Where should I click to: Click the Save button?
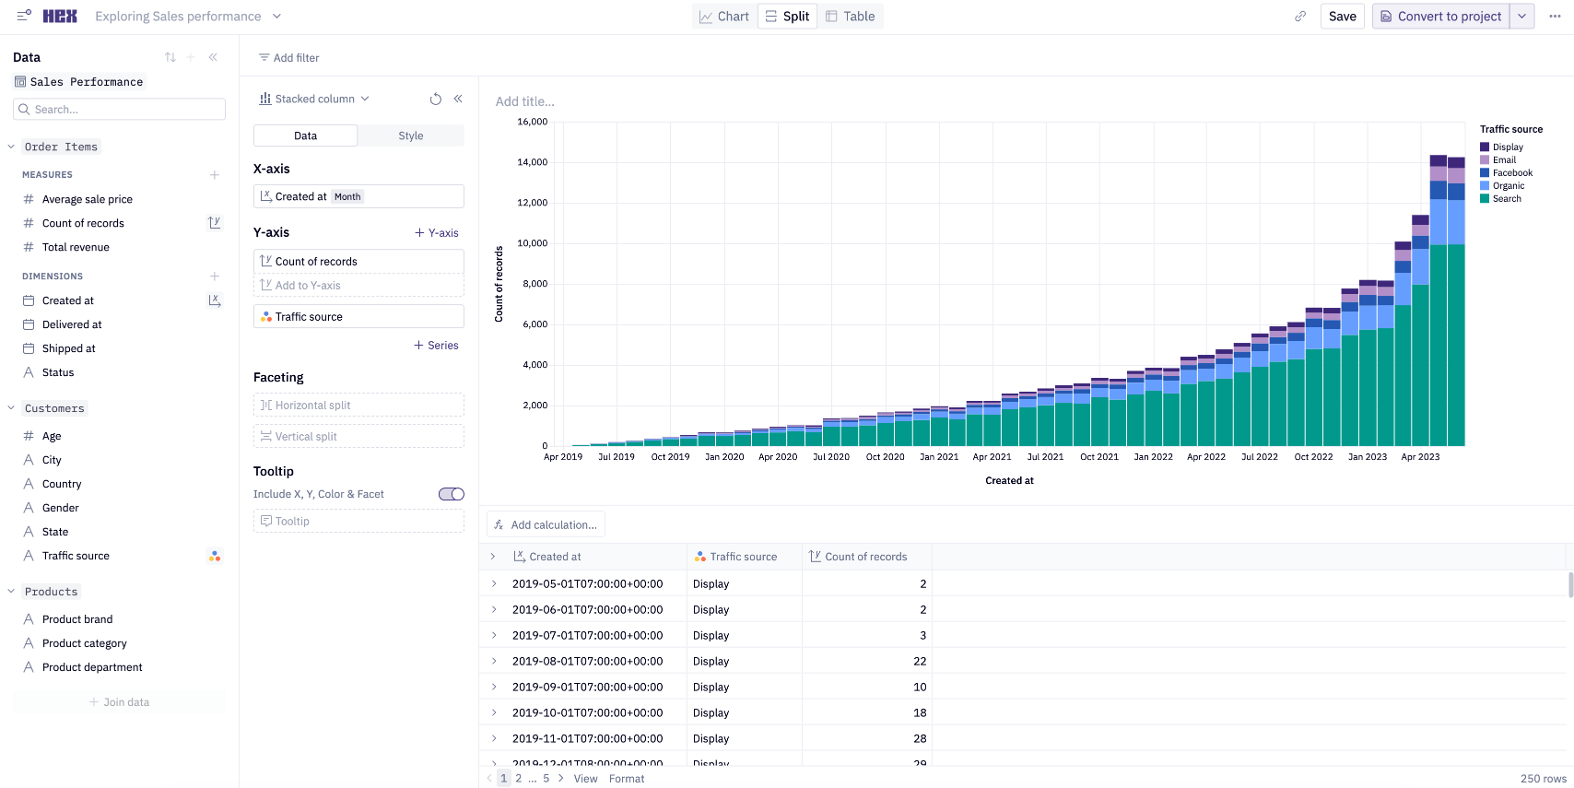(1342, 17)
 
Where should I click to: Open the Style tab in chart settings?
(411, 135)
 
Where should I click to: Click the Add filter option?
(289, 57)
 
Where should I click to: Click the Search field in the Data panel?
(120, 110)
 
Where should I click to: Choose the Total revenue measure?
(76, 247)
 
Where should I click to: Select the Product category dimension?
(85, 643)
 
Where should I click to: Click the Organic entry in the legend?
(1508, 186)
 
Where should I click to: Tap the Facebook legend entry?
(1511, 173)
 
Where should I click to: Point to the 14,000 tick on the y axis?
(533, 162)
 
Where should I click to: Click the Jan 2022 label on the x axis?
(1153, 457)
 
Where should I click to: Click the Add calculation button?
(546, 525)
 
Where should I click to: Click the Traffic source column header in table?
(743, 557)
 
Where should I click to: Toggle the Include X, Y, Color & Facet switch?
(451, 494)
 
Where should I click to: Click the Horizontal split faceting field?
(358, 406)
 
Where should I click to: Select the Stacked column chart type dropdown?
(314, 99)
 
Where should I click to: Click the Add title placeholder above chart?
(525, 101)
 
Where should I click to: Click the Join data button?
(120, 702)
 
